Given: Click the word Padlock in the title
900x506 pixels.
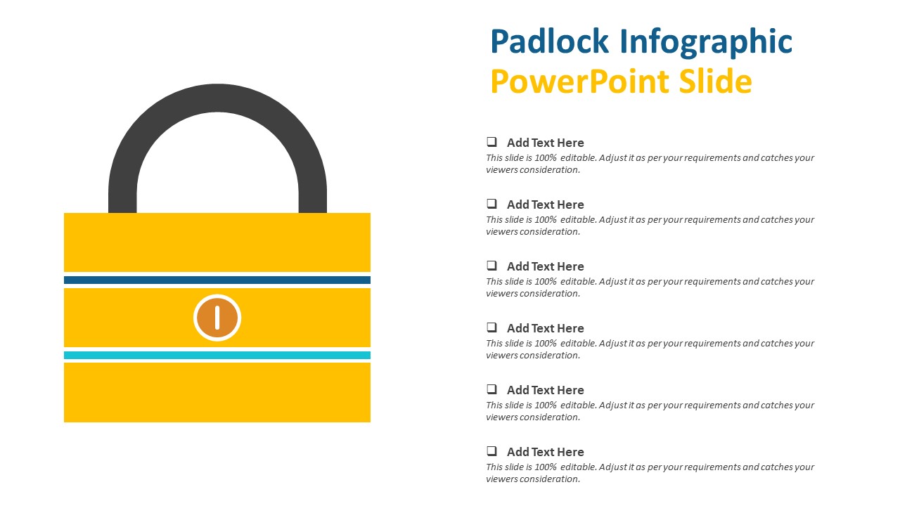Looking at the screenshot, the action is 549,41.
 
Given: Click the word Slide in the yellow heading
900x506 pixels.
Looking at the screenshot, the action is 715,81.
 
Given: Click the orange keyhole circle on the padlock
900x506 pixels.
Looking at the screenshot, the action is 217,318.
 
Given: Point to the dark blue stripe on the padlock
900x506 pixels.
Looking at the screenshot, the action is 217,280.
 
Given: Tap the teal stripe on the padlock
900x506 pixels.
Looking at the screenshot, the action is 217,355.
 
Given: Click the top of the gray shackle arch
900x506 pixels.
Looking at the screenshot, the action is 217,98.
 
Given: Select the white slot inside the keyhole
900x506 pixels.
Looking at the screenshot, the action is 217,317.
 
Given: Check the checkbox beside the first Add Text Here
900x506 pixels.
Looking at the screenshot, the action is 491,142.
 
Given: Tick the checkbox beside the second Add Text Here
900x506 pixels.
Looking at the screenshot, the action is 491,204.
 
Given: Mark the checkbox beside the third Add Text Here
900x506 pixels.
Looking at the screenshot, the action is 491,266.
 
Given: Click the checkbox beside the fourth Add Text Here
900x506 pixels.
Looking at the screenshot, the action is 491,327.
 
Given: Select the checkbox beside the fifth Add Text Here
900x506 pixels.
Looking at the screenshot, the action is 491,389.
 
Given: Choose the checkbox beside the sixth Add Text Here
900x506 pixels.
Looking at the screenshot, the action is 491,451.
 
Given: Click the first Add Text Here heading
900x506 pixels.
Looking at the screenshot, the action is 545,143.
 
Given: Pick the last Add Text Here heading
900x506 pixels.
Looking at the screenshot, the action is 545,452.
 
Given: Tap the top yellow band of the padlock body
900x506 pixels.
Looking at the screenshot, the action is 217,242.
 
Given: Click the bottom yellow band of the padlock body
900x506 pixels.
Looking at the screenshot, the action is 217,392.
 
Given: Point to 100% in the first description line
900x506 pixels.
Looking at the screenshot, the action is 546,158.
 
